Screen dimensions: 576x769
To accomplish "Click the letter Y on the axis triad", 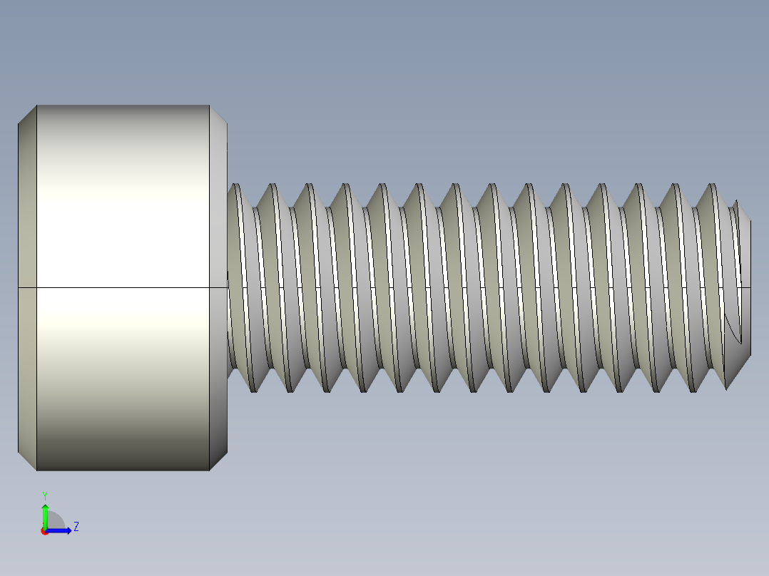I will [x=44, y=495].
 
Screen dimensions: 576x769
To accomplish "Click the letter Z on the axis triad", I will [x=76, y=527].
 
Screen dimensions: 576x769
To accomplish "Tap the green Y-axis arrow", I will [x=45, y=513].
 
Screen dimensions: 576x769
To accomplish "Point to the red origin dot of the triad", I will [x=44, y=531].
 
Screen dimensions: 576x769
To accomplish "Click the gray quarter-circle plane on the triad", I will [x=55, y=521].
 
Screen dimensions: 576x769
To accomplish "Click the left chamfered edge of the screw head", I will [x=27, y=287].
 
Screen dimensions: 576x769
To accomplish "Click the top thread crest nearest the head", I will [x=235, y=187].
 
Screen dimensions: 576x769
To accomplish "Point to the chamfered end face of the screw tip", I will [x=746, y=285].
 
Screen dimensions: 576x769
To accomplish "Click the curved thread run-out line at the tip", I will [x=730, y=328].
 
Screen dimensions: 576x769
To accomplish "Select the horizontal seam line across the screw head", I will [x=121, y=287].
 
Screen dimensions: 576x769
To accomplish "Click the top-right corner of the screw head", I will [x=226, y=123].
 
